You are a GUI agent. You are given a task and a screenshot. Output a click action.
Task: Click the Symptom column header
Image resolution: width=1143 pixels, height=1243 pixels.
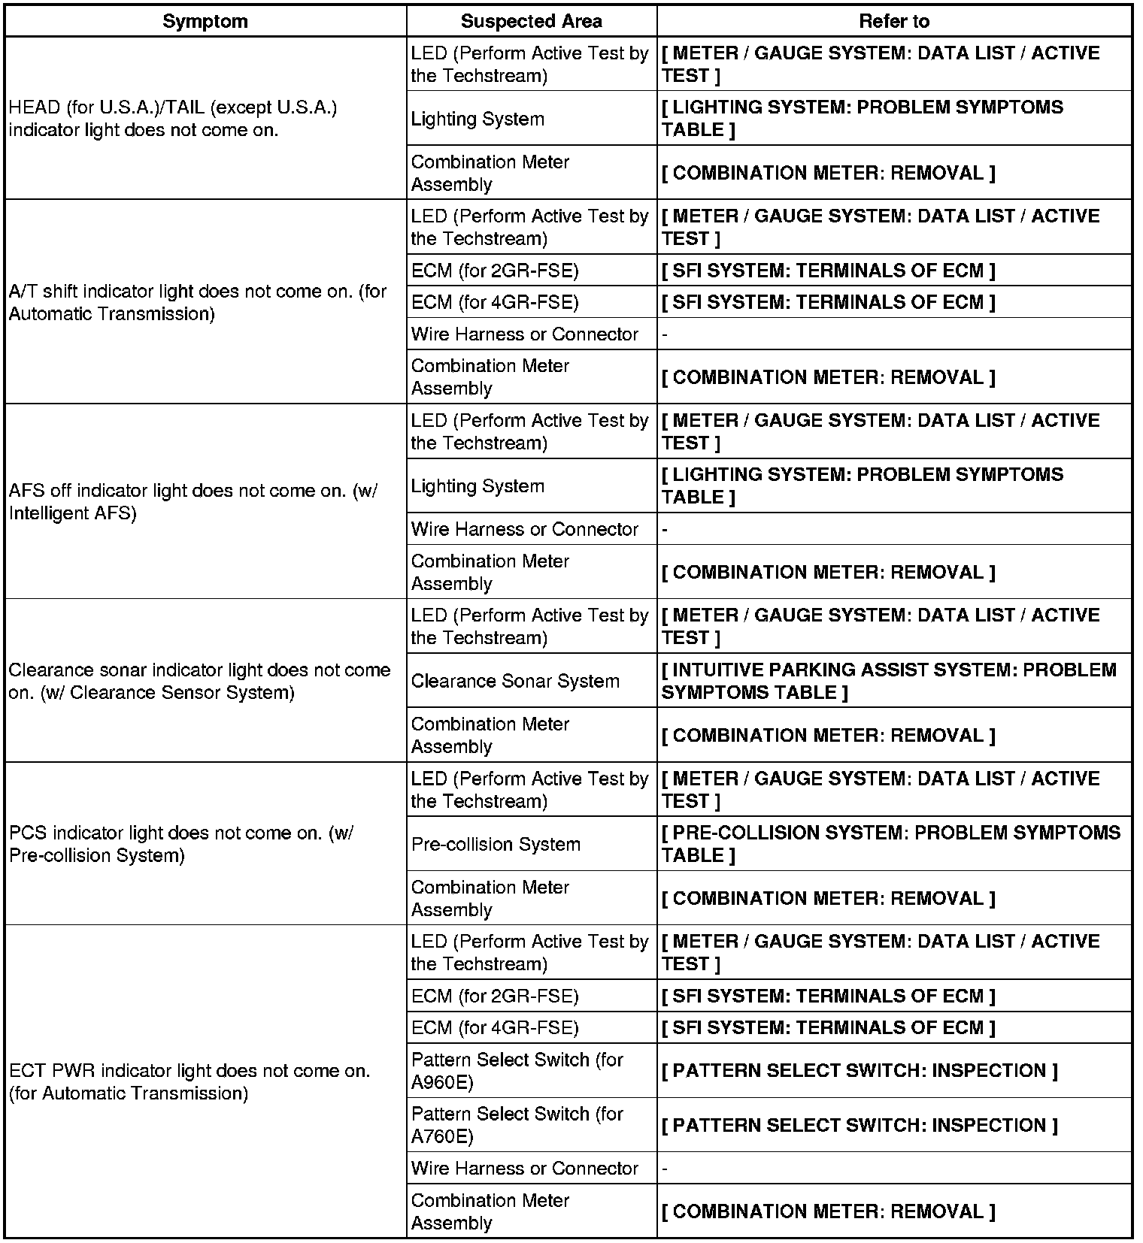205,21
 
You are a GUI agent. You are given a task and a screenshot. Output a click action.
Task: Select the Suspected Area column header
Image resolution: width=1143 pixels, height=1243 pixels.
531,21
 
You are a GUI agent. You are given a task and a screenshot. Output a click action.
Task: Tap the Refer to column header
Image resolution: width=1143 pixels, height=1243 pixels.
893,21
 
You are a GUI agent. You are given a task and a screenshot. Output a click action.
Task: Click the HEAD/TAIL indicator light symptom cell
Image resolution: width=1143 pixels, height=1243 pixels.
173,119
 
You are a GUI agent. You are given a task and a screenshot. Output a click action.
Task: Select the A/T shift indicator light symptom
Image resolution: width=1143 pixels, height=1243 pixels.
197,302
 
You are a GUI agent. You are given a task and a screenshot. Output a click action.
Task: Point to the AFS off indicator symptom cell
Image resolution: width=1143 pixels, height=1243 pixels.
193,501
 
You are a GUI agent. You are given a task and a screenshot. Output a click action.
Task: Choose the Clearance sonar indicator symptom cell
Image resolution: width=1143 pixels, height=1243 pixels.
199,681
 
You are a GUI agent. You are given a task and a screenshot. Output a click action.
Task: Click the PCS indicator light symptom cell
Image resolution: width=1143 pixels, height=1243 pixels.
180,844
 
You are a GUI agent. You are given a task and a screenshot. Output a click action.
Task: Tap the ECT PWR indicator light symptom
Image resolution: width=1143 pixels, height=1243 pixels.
189,1081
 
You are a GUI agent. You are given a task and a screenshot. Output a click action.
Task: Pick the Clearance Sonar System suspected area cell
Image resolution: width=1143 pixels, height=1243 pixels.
515,681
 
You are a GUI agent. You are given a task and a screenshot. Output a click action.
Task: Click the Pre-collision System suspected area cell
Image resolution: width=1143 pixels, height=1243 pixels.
496,844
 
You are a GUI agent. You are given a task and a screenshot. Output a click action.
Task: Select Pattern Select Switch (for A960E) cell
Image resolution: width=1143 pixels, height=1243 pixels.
517,1070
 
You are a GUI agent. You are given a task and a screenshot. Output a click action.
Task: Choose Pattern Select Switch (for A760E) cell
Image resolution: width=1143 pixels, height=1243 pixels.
517,1125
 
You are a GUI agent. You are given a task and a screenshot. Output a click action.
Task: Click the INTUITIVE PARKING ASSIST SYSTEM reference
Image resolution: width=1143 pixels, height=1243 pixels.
889,681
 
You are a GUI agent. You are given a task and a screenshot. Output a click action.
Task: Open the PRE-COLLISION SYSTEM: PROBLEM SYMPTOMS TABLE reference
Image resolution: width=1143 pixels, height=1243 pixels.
890,844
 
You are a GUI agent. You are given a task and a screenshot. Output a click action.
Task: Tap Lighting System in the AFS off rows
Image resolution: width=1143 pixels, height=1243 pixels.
478,486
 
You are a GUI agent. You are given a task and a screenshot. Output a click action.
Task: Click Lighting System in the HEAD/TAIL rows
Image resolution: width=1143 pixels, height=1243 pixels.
478,119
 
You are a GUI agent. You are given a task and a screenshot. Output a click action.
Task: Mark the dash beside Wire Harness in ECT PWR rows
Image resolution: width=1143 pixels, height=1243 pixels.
665,1169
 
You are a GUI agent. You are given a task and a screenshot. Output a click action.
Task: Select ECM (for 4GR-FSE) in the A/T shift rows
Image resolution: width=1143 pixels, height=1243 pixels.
495,302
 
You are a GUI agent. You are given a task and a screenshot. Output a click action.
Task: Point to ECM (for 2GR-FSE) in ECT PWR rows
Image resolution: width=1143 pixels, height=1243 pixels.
495,997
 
